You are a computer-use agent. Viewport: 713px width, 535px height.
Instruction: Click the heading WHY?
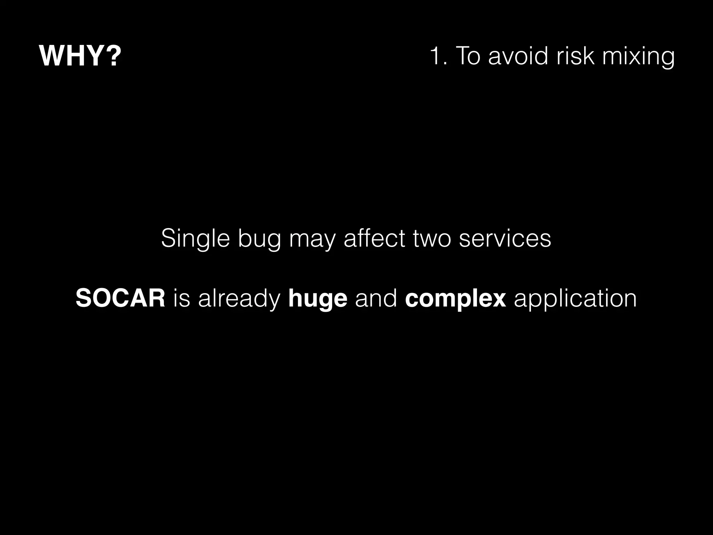[x=80, y=56]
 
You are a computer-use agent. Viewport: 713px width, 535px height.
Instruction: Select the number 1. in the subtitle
[x=438, y=56]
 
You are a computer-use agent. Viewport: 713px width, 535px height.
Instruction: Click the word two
[x=432, y=239]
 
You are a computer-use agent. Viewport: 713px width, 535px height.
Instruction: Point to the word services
[x=505, y=239]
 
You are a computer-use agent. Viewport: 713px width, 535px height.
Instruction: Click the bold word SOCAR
[x=120, y=298]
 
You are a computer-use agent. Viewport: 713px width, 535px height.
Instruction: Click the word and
[x=376, y=298]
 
